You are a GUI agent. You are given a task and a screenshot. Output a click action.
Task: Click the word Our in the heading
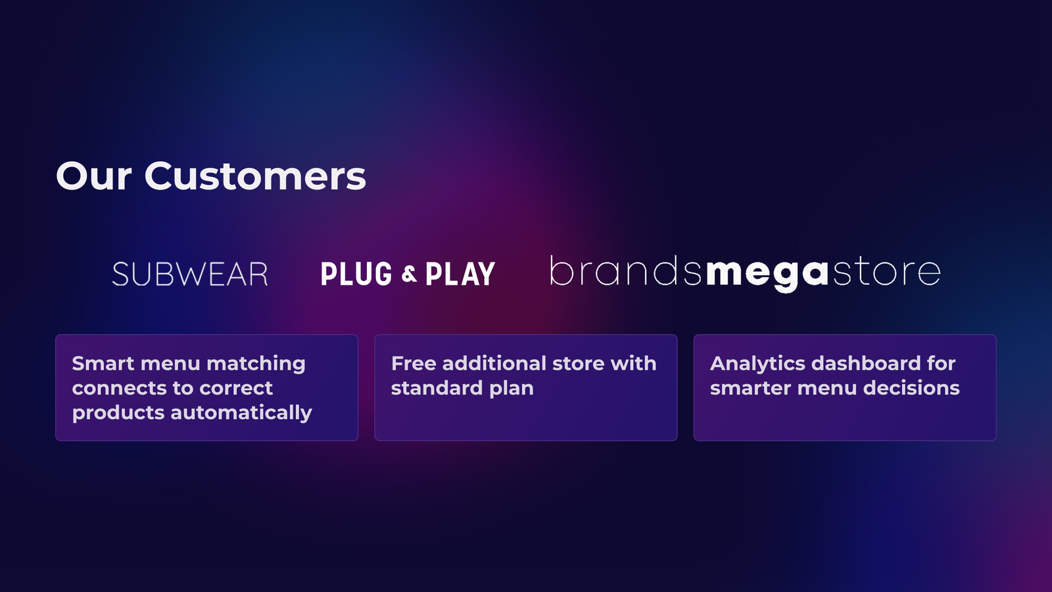coord(93,176)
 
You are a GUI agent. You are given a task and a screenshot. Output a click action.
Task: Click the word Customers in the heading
coord(255,176)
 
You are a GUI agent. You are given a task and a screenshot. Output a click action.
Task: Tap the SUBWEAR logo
coord(190,274)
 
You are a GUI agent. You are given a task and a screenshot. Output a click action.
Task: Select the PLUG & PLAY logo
coord(408,274)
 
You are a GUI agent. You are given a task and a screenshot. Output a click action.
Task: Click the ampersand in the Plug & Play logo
coord(409,274)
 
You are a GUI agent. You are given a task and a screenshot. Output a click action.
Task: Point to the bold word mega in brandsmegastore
coord(767,274)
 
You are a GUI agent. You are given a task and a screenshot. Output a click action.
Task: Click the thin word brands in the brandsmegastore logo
coord(626,271)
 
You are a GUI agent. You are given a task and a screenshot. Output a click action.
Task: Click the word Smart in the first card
coord(103,363)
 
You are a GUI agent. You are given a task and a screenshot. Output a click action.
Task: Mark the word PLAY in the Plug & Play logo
coord(460,274)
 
